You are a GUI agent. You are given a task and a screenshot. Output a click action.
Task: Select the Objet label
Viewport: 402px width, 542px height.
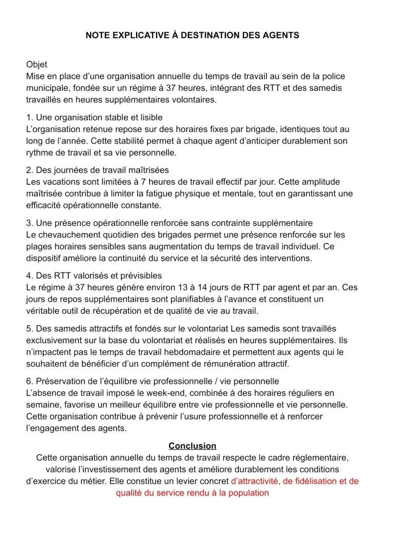pos(37,65)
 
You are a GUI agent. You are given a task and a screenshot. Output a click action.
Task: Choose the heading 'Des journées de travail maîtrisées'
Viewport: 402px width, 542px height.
pos(102,170)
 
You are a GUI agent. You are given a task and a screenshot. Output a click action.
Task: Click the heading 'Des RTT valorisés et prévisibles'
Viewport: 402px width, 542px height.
pos(99,276)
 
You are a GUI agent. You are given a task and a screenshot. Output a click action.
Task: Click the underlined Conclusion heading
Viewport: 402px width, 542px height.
pos(192,446)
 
